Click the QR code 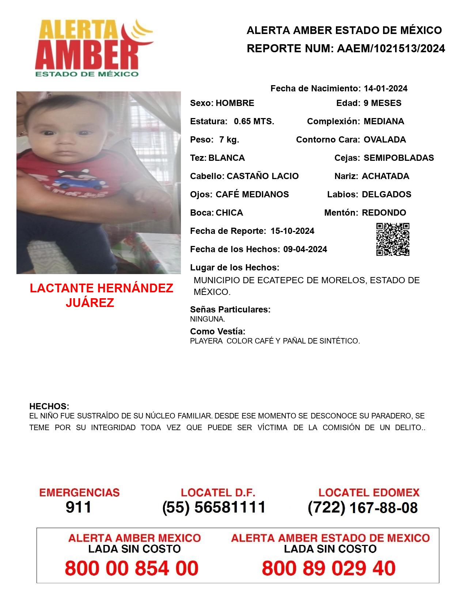coord(393,239)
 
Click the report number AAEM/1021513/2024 coord(391,48)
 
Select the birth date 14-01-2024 coord(385,88)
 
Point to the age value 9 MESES coord(382,103)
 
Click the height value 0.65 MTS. coord(254,121)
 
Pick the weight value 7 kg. coord(229,140)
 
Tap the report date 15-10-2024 coord(292,231)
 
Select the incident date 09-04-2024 coord(305,249)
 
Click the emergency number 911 coord(79,507)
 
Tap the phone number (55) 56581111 coord(214,507)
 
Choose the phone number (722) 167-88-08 coord(363,508)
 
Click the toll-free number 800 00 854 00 coord(132,568)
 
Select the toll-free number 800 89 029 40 coord(329,568)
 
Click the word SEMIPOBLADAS coord(399,158)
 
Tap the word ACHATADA coord(385,176)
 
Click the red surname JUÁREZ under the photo coord(90,303)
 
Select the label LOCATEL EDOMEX coord(369,493)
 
